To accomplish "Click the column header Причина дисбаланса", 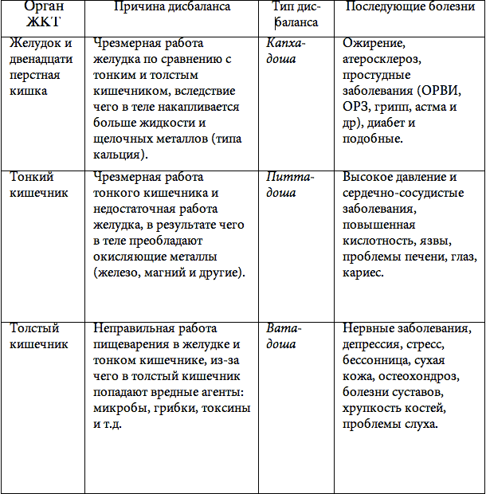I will pyautogui.click(x=172, y=7).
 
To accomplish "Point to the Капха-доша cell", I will pyautogui.click(x=288, y=50).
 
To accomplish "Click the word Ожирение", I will pyautogui.click(x=372, y=43).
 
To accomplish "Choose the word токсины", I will pyautogui.click(x=226, y=408).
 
